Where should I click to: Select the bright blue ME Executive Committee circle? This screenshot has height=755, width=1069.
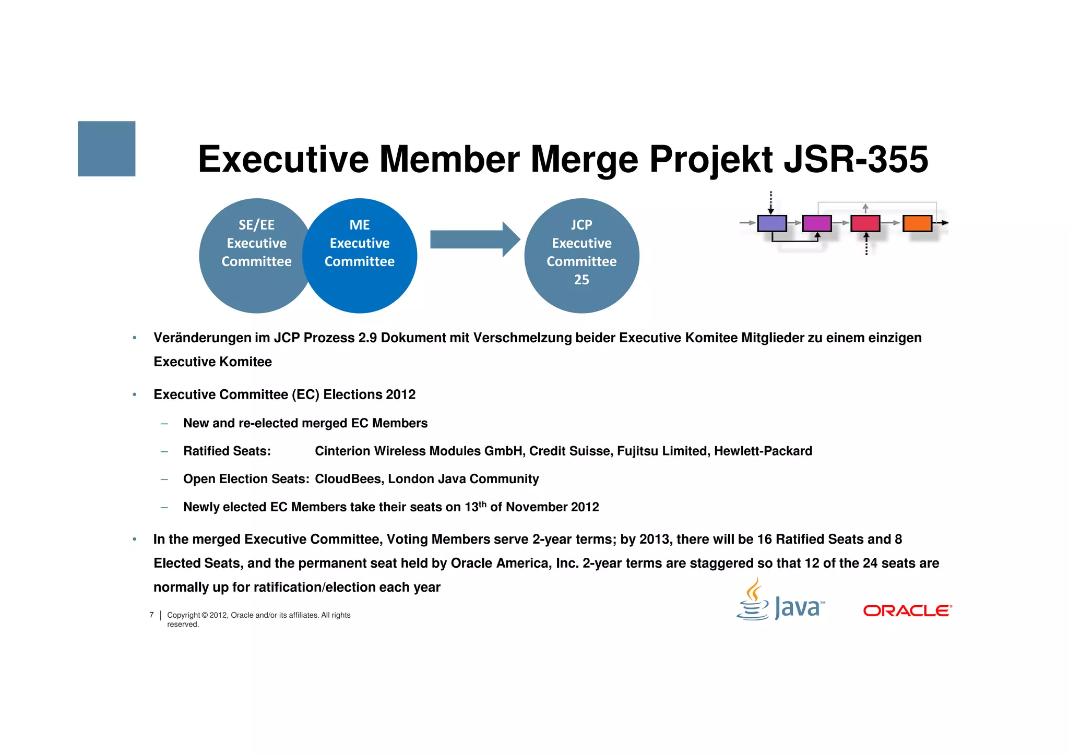click(x=360, y=256)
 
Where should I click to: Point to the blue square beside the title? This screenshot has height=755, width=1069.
click(x=106, y=149)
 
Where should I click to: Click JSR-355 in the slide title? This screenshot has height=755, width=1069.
click(x=856, y=159)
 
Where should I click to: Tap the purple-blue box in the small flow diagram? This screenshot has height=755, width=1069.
click(x=771, y=223)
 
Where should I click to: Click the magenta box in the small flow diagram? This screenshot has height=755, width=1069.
click(x=816, y=223)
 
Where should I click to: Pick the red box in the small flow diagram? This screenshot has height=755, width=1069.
click(x=865, y=223)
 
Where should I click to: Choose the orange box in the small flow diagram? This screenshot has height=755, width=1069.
click(x=917, y=223)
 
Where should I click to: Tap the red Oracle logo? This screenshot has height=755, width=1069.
click(x=907, y=610)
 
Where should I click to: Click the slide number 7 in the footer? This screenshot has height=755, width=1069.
click(x=151, y=615)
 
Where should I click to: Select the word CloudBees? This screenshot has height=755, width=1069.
click(x=348, y=479)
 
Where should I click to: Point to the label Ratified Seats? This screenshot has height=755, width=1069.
click(x=227, y=451)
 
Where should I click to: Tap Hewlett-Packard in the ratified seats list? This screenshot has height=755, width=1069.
click(x=763, y=451)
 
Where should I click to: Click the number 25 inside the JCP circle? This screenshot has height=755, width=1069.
click(x=581, y=280)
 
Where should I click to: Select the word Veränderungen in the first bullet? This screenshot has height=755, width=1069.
click(x=202, y=338)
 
